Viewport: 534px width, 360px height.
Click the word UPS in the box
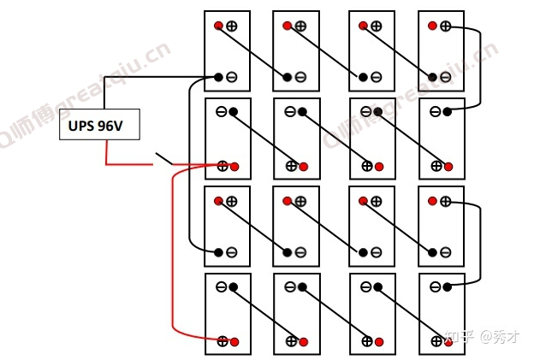(x=81, y=126)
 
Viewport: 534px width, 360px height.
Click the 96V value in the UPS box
(x=110, y=126)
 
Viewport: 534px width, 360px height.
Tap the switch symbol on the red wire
(x=163, y=158)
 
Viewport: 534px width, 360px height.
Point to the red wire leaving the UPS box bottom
(x=129, y=164)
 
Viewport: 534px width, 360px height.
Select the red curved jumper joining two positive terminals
(x=173, y=253)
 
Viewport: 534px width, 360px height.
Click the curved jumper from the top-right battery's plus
(x=480, y=68)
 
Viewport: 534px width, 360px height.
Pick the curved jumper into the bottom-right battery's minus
(x=480, y=244)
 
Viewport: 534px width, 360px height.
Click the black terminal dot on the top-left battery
(x=218, y=77)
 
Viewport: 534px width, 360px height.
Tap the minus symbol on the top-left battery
(x=232, y=77)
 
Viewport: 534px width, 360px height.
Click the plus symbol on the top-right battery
(x=446, y=26)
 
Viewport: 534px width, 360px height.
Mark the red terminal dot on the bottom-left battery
(x=234, y=342)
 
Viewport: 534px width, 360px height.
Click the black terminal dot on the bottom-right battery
(x=448, y=287)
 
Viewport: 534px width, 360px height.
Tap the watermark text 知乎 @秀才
(x=482, y=337)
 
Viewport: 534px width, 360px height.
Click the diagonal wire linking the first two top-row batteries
(x=252, y=51)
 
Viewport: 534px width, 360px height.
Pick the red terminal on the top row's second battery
(x=287, y=26)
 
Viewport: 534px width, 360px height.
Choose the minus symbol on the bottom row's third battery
(x=365, y=286)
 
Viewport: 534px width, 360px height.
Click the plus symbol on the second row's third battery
(x=367, y=166)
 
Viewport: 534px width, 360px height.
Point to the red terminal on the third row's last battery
(x=432, y=201)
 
